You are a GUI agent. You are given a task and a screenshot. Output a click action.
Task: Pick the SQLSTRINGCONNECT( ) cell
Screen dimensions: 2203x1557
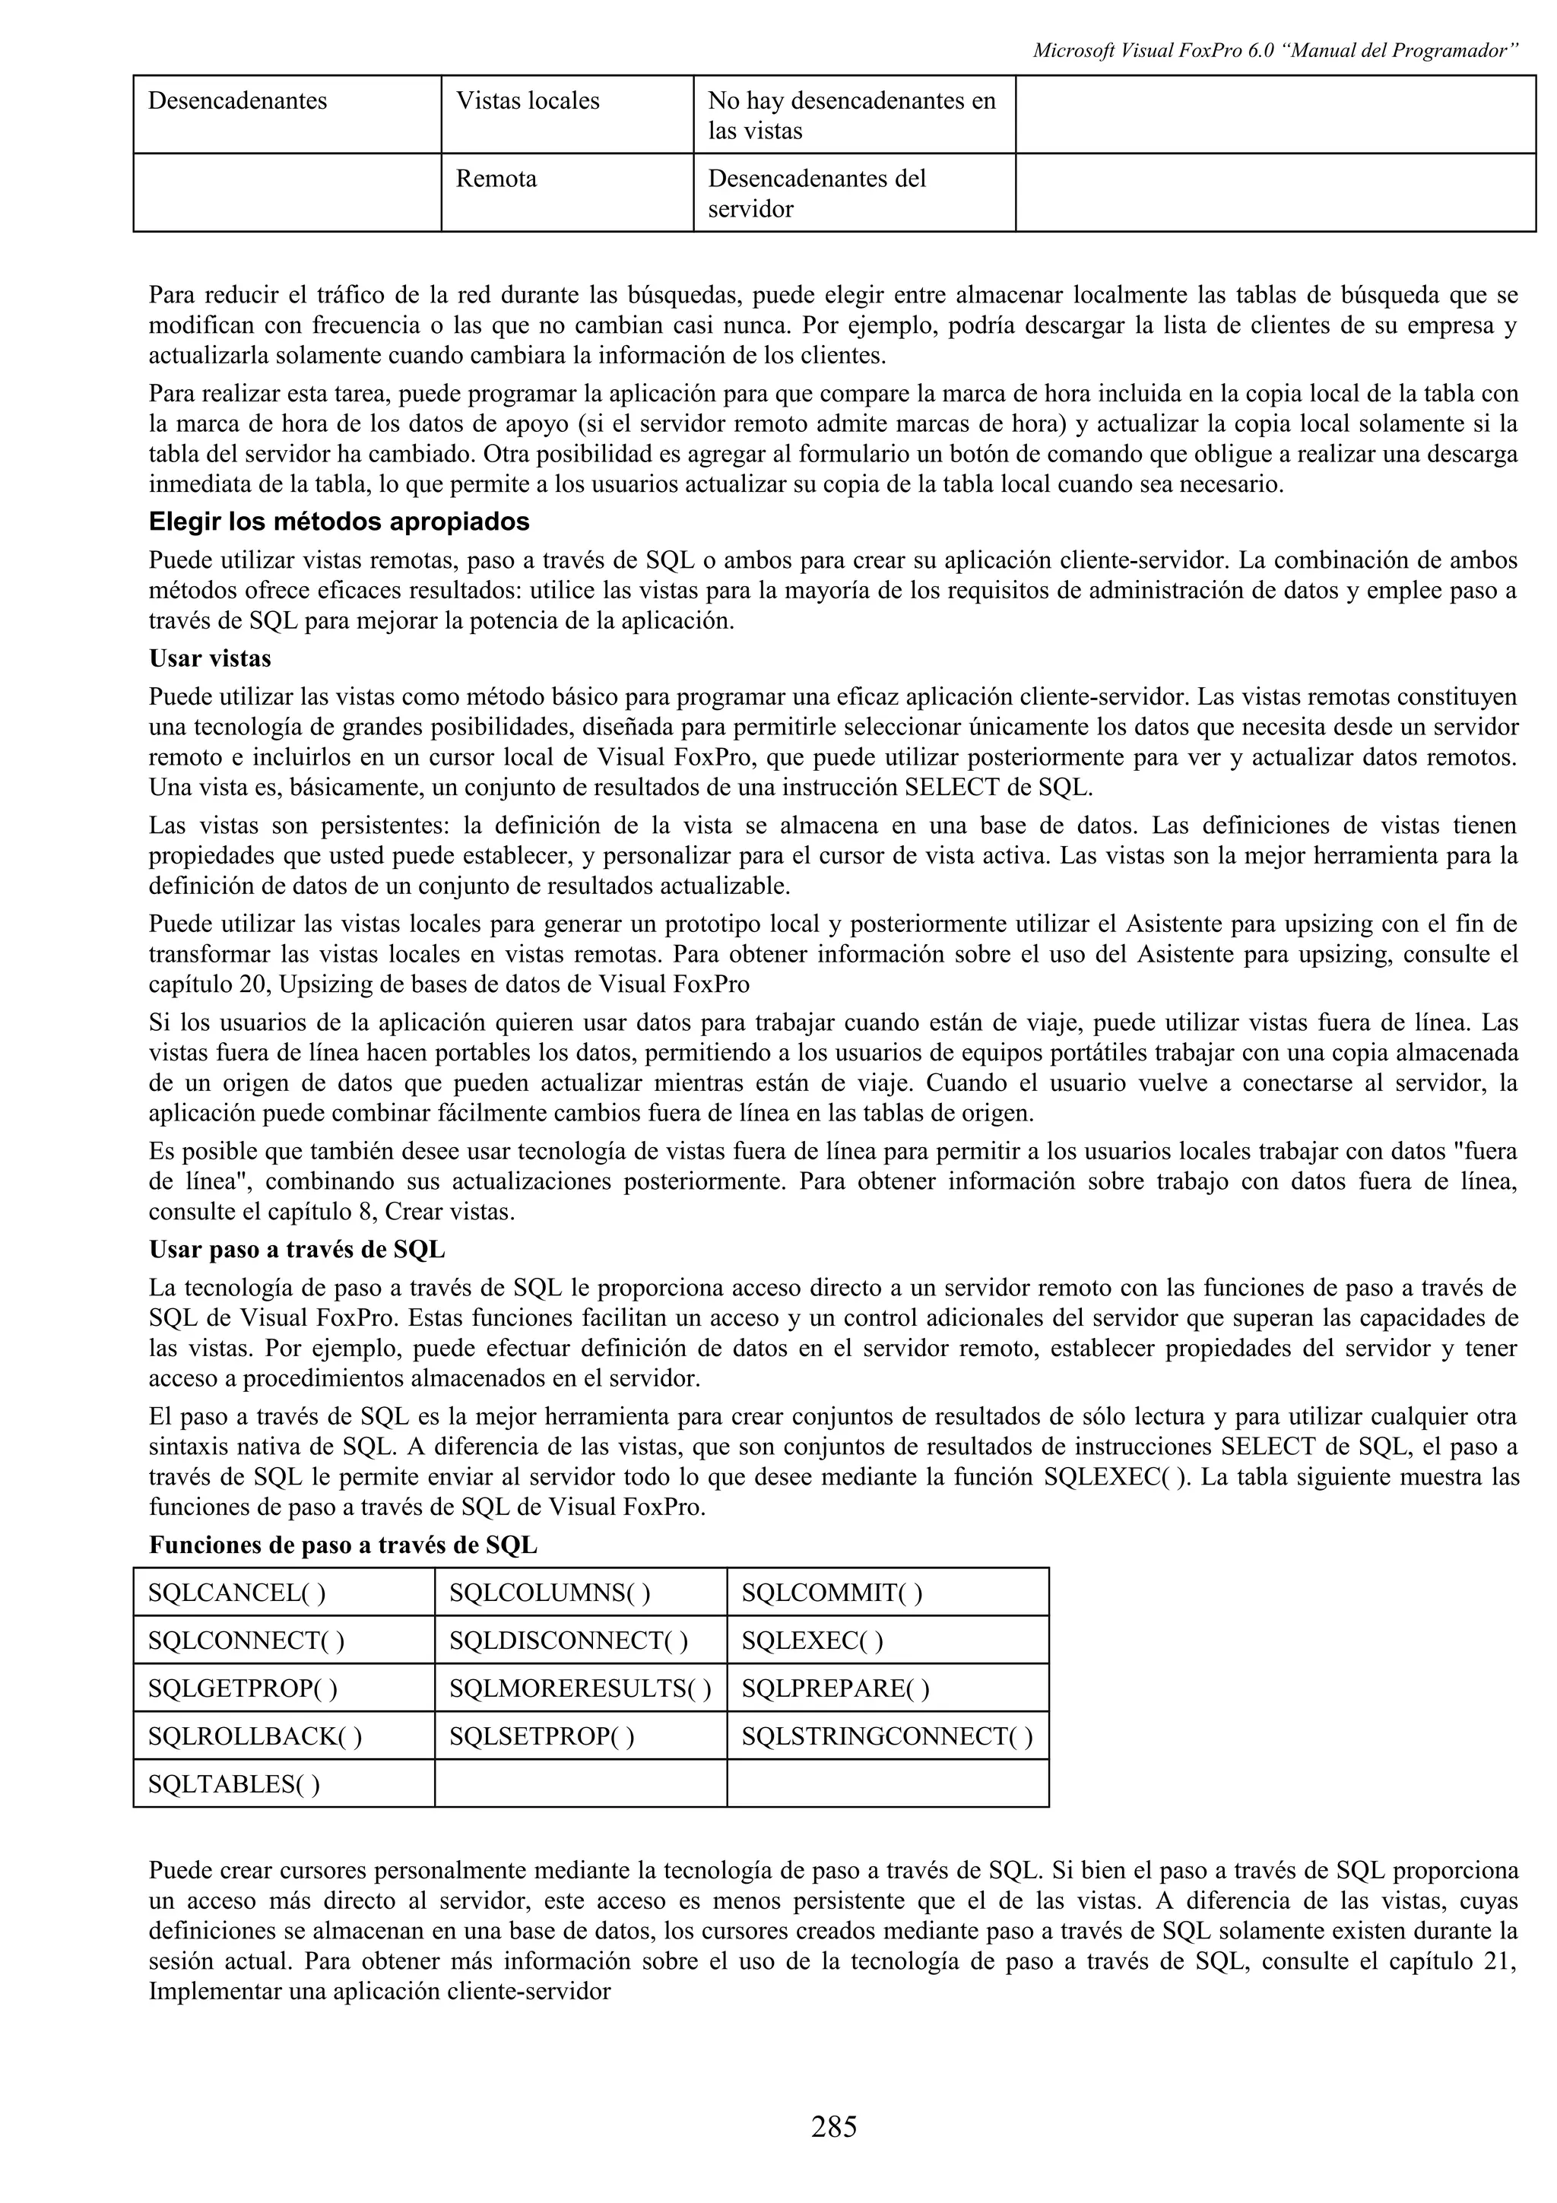[886, 1737]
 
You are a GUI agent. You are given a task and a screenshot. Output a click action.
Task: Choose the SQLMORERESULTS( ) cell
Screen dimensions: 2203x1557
[579, 1688]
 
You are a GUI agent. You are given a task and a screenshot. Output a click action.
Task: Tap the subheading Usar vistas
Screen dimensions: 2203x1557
[210, 658]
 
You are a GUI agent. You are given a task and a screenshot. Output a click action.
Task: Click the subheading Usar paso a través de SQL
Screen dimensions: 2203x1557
[296, 1250]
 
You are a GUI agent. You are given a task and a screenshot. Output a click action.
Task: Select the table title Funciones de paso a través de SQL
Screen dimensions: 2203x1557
[342, 1545]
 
